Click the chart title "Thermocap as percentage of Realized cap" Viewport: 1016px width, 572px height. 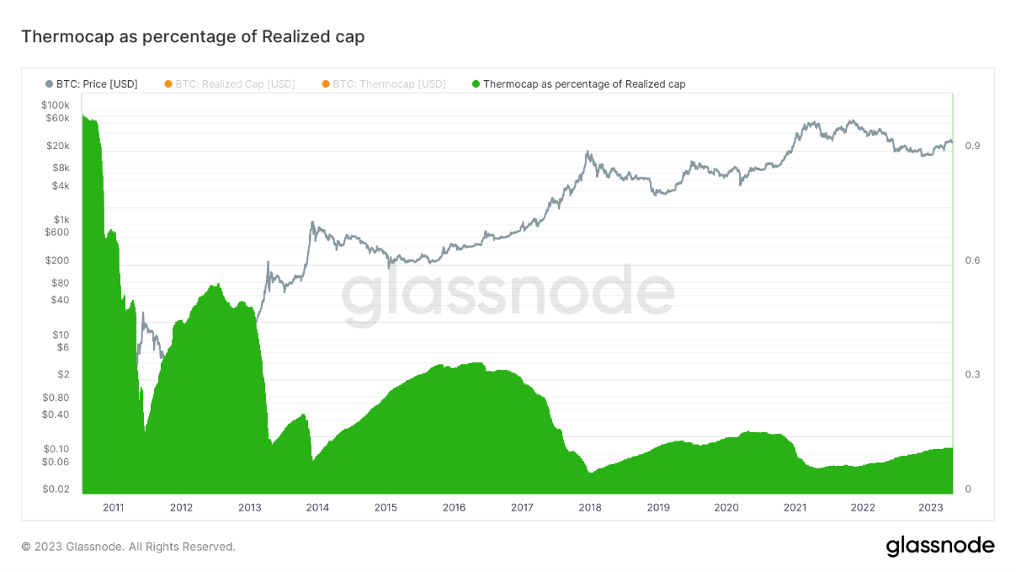click(x=192, y=37)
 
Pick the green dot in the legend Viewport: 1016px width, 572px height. click(x=476, y=84)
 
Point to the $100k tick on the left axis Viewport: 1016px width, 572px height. click(x=56, y=104)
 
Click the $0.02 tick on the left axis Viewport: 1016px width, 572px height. click(x=57, y=489)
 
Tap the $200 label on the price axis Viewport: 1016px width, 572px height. click(x=58, y=260)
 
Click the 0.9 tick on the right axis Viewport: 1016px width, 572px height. click(x=972, y=146)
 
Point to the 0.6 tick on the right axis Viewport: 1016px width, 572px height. click(x=972, y=260)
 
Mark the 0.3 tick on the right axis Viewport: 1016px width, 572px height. click(x=972, y=375)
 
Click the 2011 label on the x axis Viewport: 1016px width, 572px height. click(x=113, y=507)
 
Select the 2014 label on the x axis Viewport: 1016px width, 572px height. click(x=317, y=507)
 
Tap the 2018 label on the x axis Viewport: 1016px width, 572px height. click(x=590, y=507)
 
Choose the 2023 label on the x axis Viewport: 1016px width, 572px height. click(x=931, y=507)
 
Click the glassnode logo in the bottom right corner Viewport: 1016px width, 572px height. click(x=939, y=546)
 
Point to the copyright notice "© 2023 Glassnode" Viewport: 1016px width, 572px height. click(x=128, y=547)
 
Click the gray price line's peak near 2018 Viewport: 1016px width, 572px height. click(x=588, y=152)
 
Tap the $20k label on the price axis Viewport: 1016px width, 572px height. click(x=58, y=146)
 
